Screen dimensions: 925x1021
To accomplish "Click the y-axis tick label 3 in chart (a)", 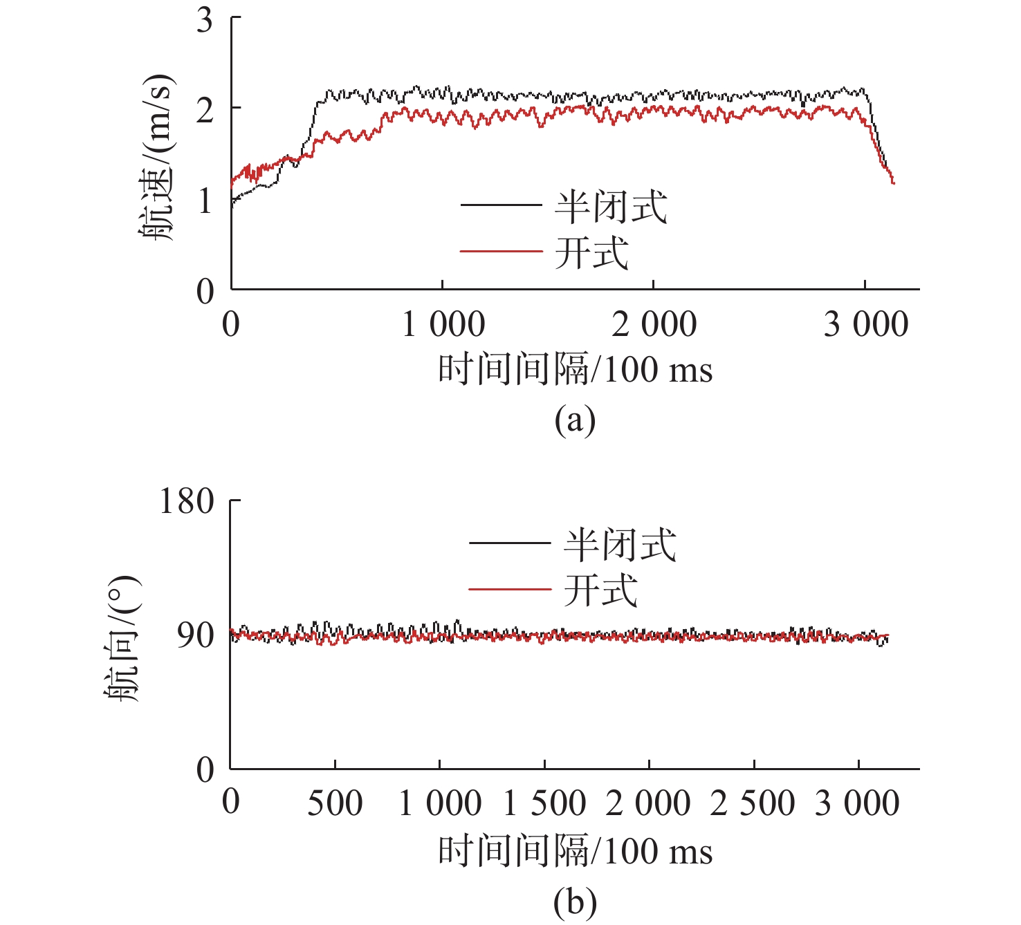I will pyautogui.click(x=205, y=21).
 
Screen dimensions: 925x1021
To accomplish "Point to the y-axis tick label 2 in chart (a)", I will pyautogui.click(x=205, y=109).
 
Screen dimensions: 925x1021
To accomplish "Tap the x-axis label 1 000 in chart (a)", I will pyautogui.click(x=443, y=324).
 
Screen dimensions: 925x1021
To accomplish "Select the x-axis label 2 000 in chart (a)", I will pyautogui.click(x=654, y=324).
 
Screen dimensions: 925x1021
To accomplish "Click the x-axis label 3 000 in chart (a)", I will pyautogui.click(x=865, y=324).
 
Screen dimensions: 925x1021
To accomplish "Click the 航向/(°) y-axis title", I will pyautogui.click(x=122, y=637).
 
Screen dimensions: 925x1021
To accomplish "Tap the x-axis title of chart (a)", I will pyautogui.click(x=575, y=368).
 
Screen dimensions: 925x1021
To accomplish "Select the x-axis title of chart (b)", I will pyautogui.click(x=575, y=850).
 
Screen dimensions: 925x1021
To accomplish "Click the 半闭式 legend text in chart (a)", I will pyautogui.click(x=610, y=206).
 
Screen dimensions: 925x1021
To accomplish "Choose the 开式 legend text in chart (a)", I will pyautogui.click(x=591, y=252).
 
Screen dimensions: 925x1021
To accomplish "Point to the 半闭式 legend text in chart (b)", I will pyautogui.click(x=619, y=544).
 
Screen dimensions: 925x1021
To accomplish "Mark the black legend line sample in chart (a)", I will pyautogui.click(x=501, y=205).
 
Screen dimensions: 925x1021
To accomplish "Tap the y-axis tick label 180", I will pyautogui.click(x=187, y=501).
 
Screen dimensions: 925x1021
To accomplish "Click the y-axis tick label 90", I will pyautogui.click(x=195, y=635).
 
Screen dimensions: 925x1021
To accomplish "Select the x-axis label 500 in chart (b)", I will pyautogui.click(x=335, y=803).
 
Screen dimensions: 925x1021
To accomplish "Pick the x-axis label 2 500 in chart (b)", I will pyautogui.click(x=753, y=803).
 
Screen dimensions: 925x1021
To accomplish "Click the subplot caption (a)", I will pyautogui.click(x=575, y=420).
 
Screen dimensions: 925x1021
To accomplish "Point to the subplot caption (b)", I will pyautogui.click(x=575, y=901).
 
